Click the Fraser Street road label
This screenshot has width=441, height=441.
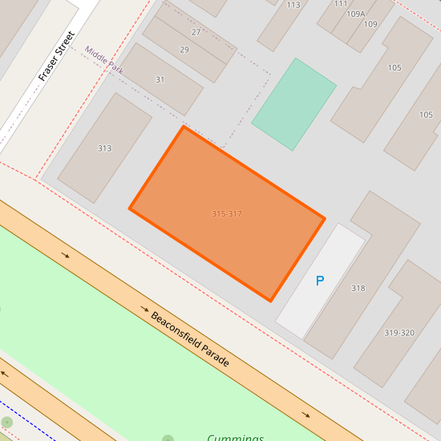[x=56, y=56]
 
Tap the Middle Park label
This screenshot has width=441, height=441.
[x=104, y=60]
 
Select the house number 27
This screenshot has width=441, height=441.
[x=196, y=32]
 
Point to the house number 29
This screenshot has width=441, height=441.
[x=184, y=50]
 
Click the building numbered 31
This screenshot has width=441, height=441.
[x=160, y=79]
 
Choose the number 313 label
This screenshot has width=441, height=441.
[x=104, y=148]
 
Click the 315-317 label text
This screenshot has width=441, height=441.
[x=227, y=214]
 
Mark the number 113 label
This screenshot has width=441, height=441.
[x=293, y=5]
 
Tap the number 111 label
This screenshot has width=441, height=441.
[x=341, y=3]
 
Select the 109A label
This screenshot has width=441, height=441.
[x=356, y=14]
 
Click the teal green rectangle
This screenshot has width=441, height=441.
[x=293, y=103]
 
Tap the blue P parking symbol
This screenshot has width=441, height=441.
[x=320, y=281]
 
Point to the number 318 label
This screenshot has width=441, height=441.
[x=358, y=289]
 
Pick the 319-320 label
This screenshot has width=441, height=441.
[x=399, y=333]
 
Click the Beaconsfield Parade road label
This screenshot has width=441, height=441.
[x=190, y=339]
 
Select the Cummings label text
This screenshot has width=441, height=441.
[x=236, y=438]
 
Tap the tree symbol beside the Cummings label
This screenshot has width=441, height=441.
[x=168, y=439]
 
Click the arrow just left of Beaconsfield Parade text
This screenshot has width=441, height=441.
[x=145, y=309]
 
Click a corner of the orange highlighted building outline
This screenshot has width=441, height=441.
[x=184, y=127]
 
